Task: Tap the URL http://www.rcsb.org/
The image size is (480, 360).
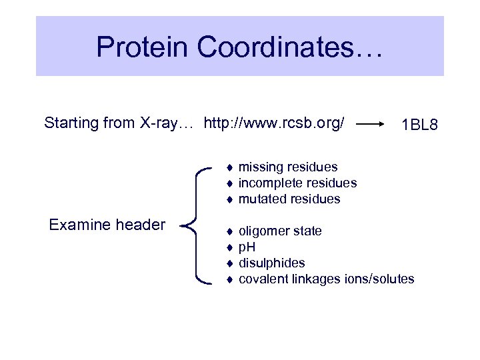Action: pyautogui.click(x=274, y=123)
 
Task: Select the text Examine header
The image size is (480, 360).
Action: pyautogui.click(x=107, y=225)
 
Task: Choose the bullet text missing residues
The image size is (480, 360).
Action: pyautogui.click(x=288, y=167)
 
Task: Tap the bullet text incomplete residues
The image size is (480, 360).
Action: pyautogui.click(x=297, y=183)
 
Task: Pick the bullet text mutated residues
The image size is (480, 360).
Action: pyautogui.click(x=289, y=199)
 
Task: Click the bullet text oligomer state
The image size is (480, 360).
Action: pyautogui.click(x=280, y=231)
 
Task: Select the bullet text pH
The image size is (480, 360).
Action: pyautogui.click(x=247, y=247)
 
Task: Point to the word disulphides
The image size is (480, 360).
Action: pyautogui.click(x=271, y=263)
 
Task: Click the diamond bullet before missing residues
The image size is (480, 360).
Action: pyautogui.click(x=228, y=167)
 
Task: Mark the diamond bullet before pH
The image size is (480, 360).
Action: pyautogui.click(x=228, y=247)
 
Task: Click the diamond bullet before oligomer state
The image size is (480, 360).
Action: pyautogui.click(x=228, y=231)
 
